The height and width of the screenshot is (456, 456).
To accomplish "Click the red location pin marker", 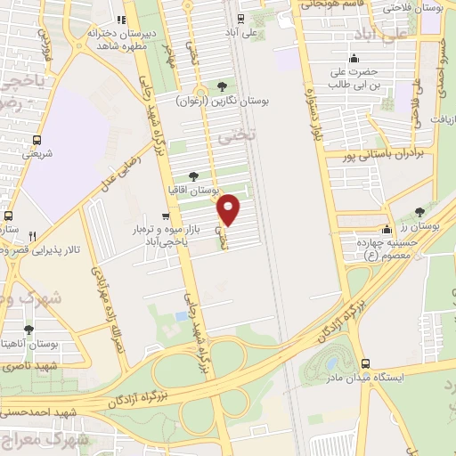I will point(230,209).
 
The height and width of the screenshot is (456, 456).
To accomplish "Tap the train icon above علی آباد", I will point(240,19).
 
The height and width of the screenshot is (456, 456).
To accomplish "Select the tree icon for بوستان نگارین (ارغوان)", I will point(222,86).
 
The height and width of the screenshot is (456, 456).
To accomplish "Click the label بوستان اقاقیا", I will point(193,190).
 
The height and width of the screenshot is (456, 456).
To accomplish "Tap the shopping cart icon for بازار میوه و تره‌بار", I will point(164,216).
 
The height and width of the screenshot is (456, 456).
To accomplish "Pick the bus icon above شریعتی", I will point(37,140).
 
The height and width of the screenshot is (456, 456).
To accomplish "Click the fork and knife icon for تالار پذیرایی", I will point(32,236).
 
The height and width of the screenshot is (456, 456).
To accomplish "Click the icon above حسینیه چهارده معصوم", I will point(387,230).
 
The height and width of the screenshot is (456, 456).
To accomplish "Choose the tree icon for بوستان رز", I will point(420,212).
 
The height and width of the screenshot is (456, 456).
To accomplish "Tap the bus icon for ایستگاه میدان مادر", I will point(366,363).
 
